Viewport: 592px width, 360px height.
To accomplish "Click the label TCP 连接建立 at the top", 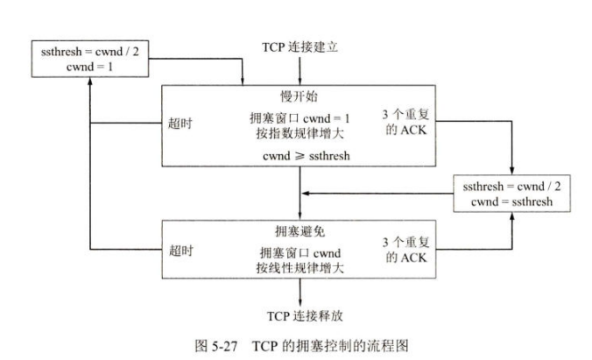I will point(300,46).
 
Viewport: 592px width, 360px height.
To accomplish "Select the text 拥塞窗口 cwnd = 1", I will point(300,117).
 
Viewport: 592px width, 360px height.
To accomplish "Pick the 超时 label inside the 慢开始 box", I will point(180,123).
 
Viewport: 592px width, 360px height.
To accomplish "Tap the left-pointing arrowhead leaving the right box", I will point(304,194).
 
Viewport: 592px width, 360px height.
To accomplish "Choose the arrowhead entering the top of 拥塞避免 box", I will point(300,215).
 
